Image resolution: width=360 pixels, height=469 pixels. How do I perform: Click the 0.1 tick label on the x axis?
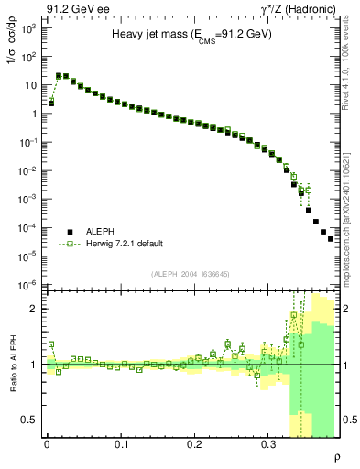[x=121, y=443]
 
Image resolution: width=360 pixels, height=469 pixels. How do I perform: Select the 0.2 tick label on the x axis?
[x=194, y=443]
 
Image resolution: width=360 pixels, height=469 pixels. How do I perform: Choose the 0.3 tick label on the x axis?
[x=267, y=443]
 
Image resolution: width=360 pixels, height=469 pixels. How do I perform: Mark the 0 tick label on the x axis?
[x=47, y=443]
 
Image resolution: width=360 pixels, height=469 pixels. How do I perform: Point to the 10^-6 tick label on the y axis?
[x=28, y=284]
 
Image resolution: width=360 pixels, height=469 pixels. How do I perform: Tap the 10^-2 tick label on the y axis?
[x=28, y=170]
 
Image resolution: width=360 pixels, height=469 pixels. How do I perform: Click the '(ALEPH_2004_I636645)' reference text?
[x=191, y=273]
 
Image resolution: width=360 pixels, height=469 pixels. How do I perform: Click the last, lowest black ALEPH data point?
[x=332, y=238]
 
